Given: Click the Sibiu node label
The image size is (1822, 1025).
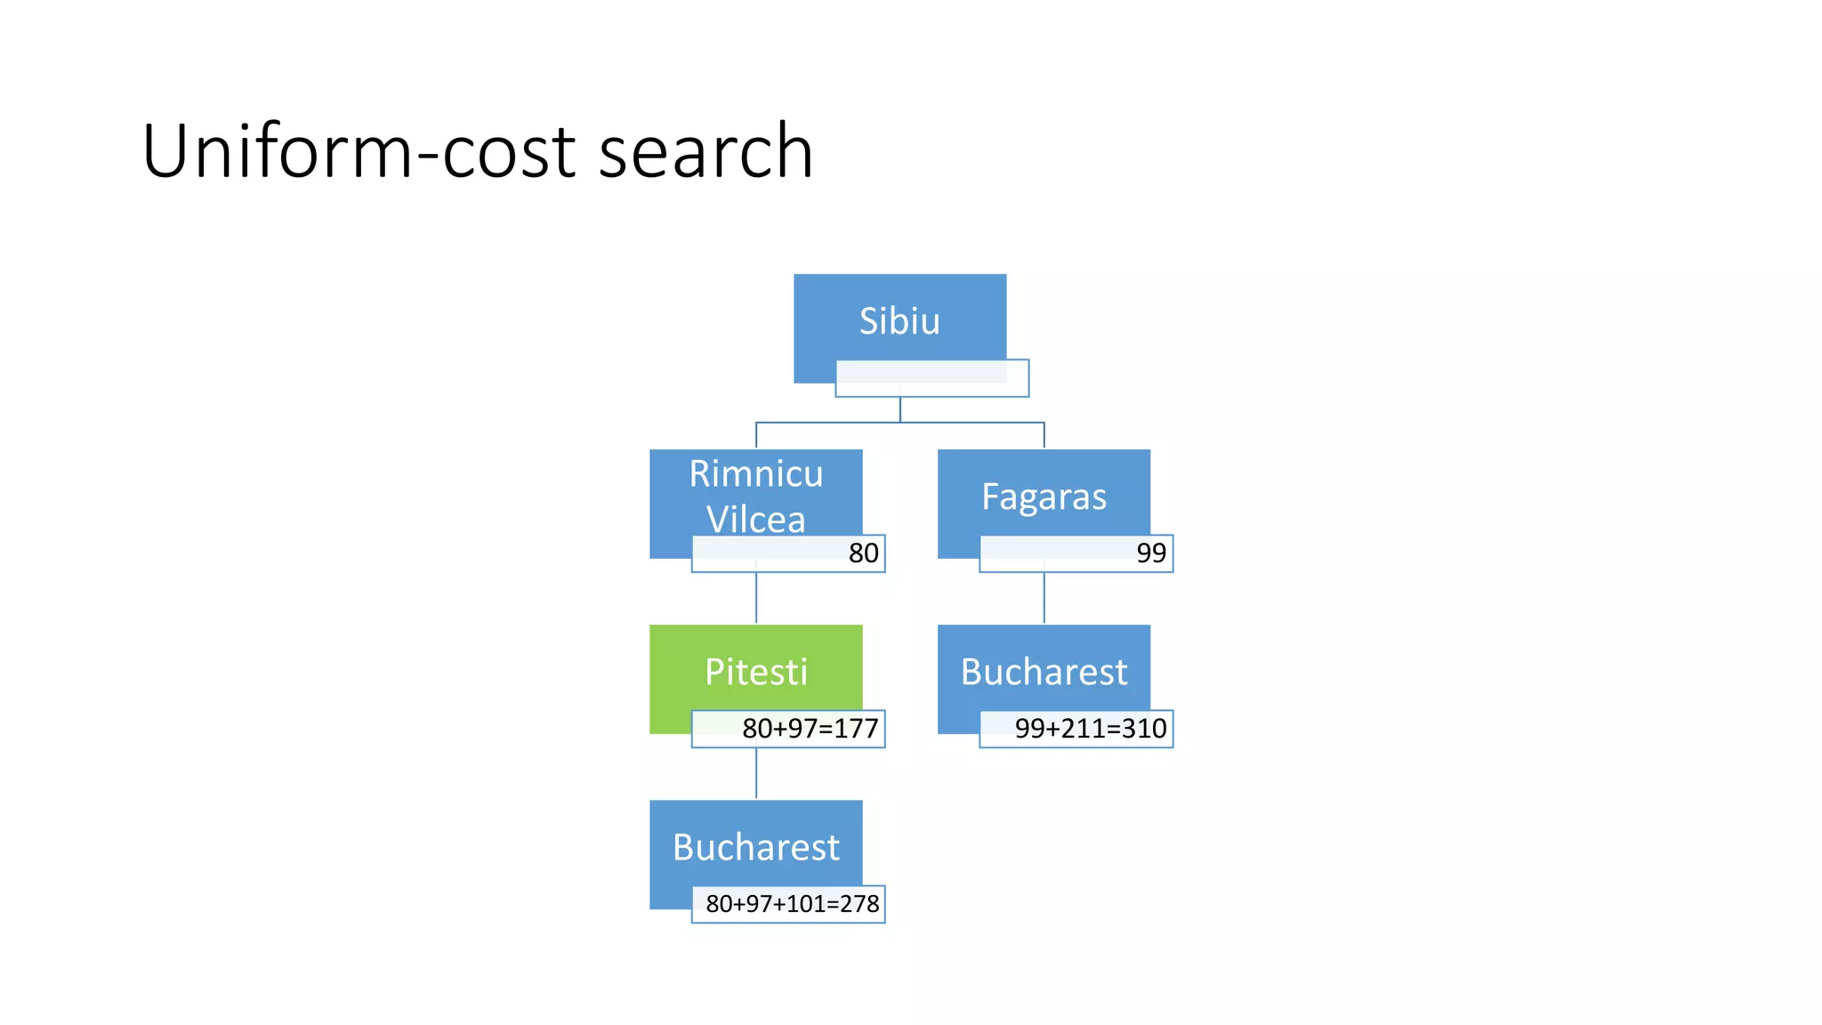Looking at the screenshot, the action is pyautogui.click(x=899, y=321).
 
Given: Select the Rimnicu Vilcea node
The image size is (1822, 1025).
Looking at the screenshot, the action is pyautogui.click(x=755, y=496).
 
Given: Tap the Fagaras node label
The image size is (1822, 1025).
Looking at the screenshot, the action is pyautogui.click(x=1044, y=496).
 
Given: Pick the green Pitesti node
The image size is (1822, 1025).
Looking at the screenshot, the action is pyautogui.click(x=755, y=672).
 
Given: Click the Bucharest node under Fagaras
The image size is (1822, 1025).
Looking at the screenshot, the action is pyautogui.click(x=1044, y=672).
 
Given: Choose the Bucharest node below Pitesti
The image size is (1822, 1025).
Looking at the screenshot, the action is pyautogui.click(x=755, y=847).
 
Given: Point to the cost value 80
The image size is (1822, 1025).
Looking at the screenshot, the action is pyautogui.click(x=863, y=553).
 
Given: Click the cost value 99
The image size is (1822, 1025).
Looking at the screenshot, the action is pyautogui.click(x=1151, y=553).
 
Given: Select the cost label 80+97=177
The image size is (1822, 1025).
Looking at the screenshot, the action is pyautogui.click(x=810, y=729).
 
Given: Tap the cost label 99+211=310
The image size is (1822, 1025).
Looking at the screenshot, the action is pyautogui.click(x=1090, y=729).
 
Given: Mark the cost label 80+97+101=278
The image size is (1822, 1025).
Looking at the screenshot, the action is pyautogui.click(x=792, y=904).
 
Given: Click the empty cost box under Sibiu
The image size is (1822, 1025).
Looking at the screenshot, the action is pyautogui.click(x=931, y=378).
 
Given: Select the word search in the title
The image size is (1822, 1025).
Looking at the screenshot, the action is pyautogui.click(x=705, y=151).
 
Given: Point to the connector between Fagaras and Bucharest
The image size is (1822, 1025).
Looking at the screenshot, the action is pyautogui.click(x=1044, y=598).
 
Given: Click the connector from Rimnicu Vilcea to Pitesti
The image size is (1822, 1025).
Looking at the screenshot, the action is pyautogui.click(x=756, y=598).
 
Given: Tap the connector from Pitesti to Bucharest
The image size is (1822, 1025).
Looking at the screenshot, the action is pyautogui.click(x=756, y=773).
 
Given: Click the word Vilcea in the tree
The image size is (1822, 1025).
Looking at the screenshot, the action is pyautogui.click(x=755, y=520).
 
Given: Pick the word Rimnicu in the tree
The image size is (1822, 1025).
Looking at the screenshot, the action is pyautogui.click(x=755, y=474).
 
